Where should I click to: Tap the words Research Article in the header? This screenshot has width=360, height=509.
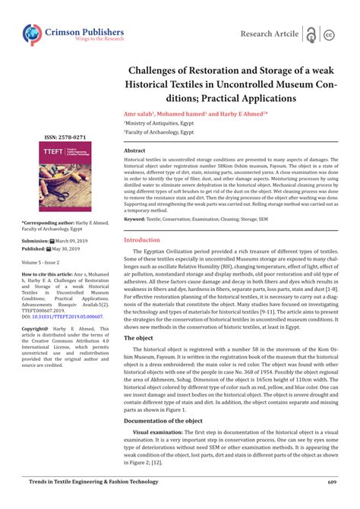click(x=269, y=34)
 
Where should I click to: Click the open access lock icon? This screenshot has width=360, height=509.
click(x=311, y=34)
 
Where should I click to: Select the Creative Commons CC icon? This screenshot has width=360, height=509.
click(x=330, y=35)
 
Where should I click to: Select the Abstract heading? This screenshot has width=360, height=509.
click(x=134, y=151)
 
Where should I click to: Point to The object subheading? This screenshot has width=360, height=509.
click(x=138, y=337)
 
